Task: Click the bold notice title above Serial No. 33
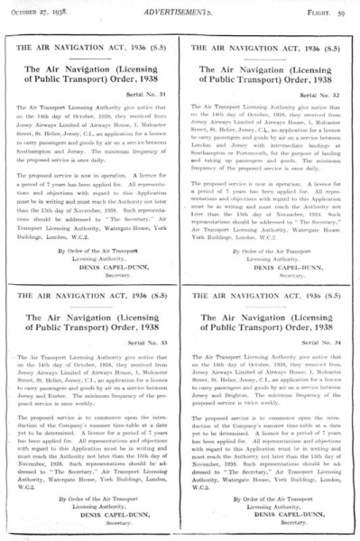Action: point(97,298)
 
